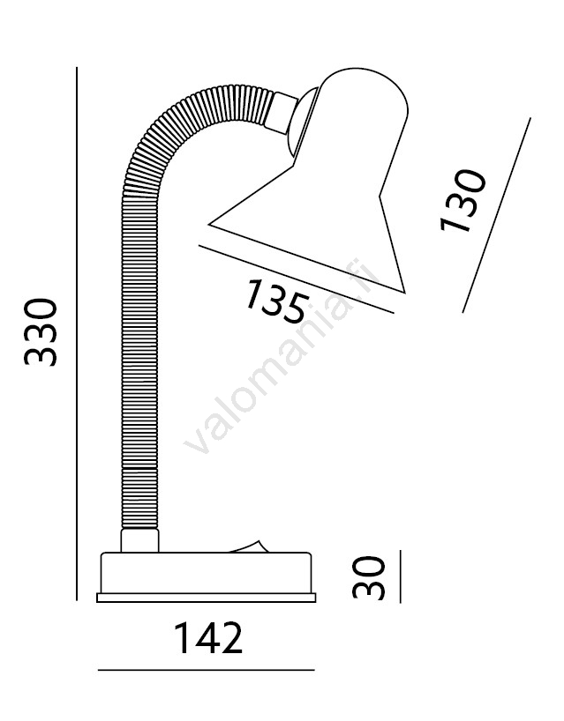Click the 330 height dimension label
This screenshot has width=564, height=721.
[x=41, y=332]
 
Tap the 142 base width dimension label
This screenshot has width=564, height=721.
[x=208, y=638]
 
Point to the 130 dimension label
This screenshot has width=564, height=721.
[x=463, y=200]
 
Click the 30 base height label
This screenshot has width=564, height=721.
[x=368, y=577]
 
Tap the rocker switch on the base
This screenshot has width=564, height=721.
[x=248, y=546]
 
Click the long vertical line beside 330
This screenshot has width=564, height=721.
[x=77, y=333]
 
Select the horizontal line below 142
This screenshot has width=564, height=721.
[x=207, y=670]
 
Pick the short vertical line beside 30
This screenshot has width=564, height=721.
[x=400, y=576]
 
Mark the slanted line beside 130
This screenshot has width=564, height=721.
[x=496, y=215]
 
